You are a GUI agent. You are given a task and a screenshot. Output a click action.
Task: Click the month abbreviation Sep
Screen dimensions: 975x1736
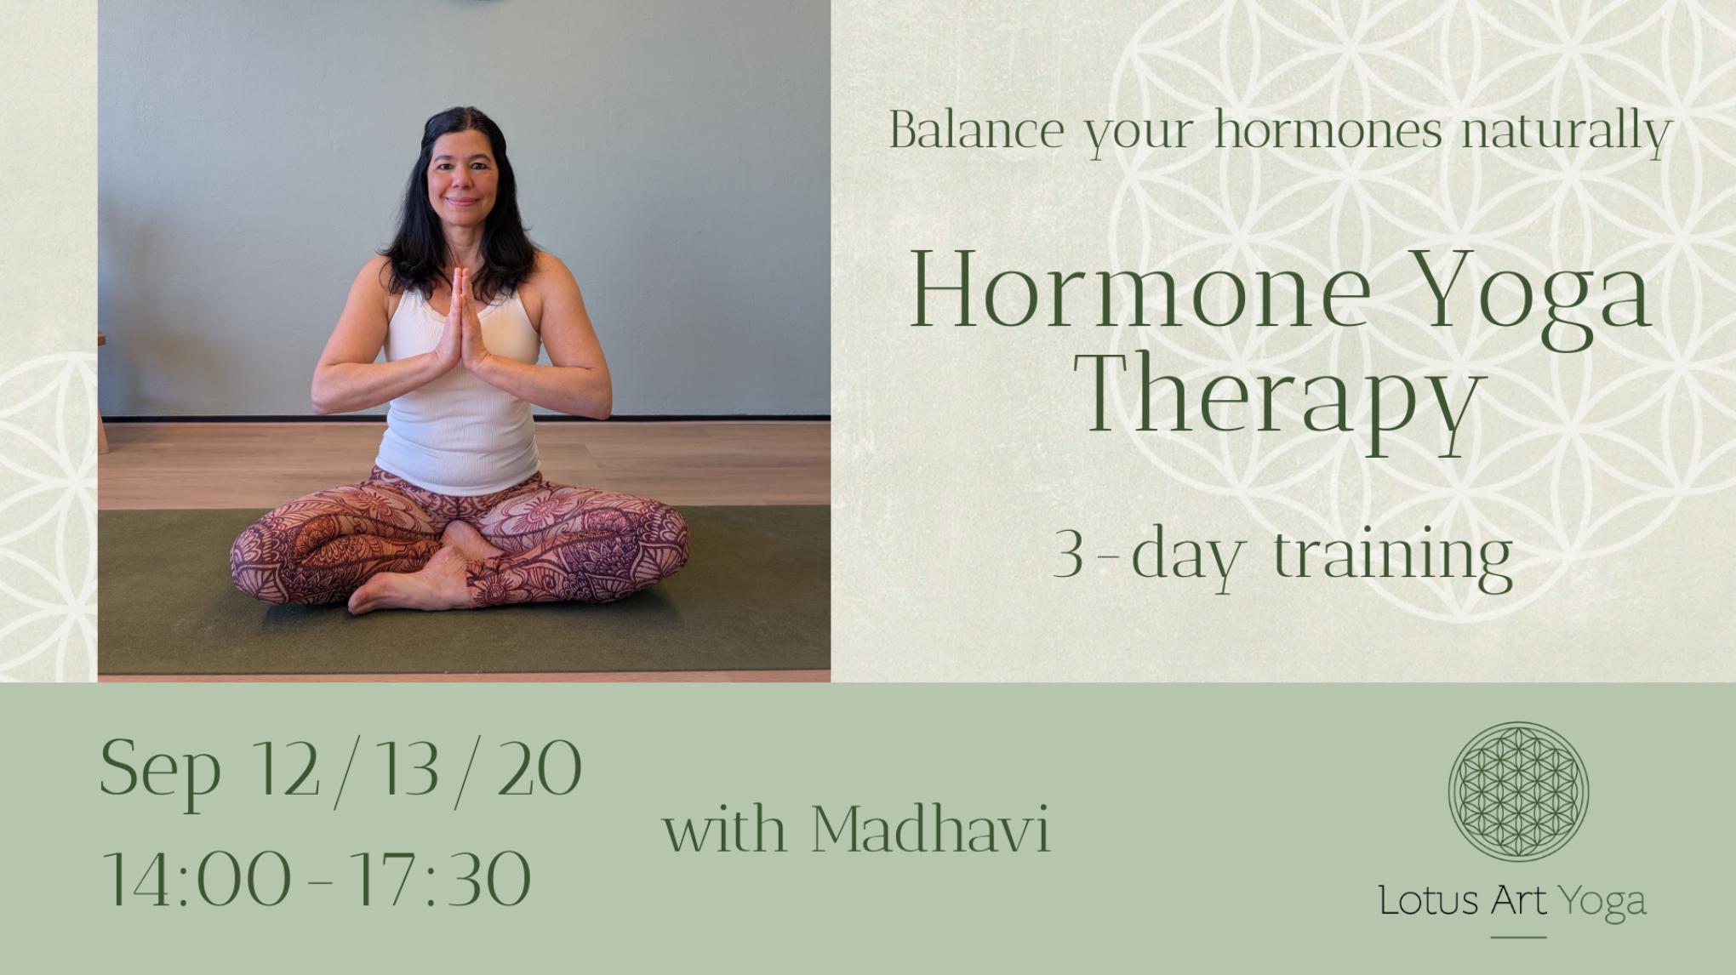[161, 771]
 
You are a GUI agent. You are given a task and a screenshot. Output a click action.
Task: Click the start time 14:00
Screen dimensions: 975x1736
[197, 879]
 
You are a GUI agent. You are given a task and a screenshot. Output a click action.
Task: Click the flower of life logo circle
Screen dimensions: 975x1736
[1518, 789]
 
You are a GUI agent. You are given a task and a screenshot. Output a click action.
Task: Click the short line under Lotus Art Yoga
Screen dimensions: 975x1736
[1519, 938]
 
